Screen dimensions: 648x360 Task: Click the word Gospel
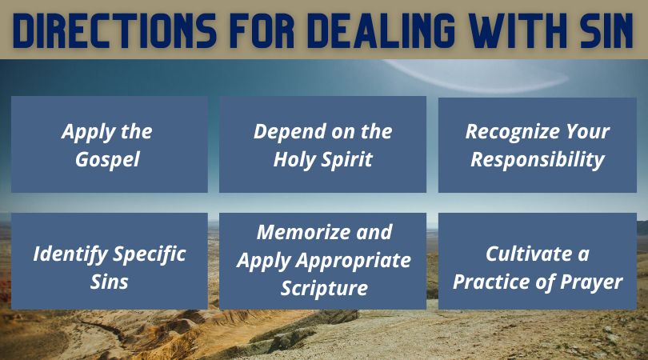tap(107, 160)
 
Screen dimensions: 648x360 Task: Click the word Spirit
tap(347, 160)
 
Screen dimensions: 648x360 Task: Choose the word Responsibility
tap(538, 160)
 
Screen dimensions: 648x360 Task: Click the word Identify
tap(70, 254)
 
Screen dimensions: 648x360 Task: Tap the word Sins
tap(109, 282)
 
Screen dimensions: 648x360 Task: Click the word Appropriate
tap(354, 261)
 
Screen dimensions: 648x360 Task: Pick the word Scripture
tap(324, 289)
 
